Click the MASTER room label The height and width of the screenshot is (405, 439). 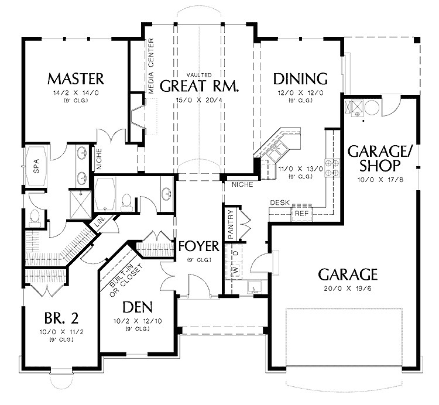pos(76,78)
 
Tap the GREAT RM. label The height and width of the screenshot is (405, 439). pos(199,87)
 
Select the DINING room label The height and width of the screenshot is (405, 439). pos(300,78)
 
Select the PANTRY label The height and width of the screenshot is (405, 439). pos(231,224)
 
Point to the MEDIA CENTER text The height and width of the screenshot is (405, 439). pos(150,66)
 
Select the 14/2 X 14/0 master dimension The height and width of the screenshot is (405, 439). pos(76,92)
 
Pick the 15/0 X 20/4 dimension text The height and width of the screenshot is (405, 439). pos(199,99)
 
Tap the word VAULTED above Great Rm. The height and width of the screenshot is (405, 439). pos(199,75)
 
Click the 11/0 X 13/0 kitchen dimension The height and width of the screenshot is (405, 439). pos(296,169)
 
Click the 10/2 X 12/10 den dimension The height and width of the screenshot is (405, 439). pos(138,321)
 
